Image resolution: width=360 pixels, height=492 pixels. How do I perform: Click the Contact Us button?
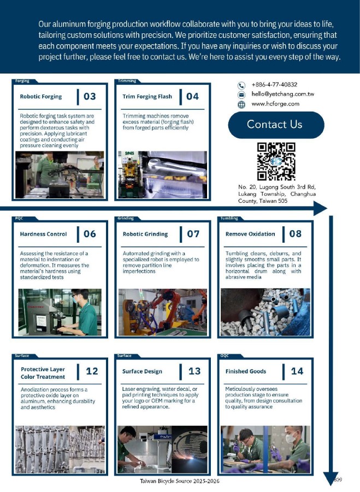276,125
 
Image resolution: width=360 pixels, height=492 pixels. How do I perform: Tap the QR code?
276,161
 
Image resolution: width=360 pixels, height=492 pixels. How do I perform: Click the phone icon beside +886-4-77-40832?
241,85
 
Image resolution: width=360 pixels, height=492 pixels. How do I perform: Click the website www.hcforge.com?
275,103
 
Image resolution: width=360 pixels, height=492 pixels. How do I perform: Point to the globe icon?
241,104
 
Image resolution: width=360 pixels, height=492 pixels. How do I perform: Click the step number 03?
90,96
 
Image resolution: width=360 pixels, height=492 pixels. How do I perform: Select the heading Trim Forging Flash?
147,96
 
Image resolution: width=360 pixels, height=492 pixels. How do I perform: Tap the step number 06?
90,234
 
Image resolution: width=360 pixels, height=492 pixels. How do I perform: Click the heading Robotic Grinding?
145,234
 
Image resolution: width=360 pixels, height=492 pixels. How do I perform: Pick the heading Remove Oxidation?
250,234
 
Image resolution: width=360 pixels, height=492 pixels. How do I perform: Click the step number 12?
92,371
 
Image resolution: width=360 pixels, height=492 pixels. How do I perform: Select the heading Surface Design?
142,371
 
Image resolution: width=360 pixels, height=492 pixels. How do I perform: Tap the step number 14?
297,371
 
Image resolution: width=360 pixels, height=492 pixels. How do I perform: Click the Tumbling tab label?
229,218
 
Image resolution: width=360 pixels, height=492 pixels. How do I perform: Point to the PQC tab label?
19,218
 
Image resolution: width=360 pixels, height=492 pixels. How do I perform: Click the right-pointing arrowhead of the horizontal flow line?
320,208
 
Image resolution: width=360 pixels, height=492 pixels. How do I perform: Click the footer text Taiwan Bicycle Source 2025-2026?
180,481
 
